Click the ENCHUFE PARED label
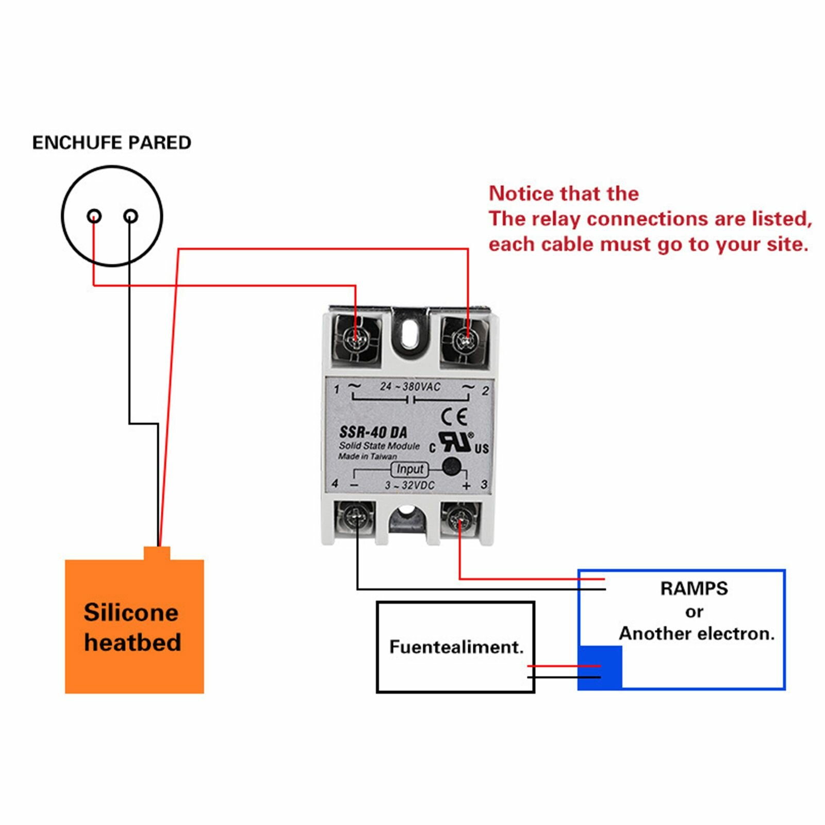(111, 143)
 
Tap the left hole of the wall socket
(94, 216)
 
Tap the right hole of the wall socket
(131, 216)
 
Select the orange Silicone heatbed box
(134, 626)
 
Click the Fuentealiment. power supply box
(456, 647)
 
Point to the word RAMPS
(694, 588)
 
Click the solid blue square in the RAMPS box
(600, 667)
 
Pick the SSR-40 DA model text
(373, 432)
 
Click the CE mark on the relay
(455, 416)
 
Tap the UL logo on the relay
(456, 442)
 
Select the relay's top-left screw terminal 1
(355, 338)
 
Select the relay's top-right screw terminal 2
(466, 339)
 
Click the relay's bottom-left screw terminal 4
(355, 516)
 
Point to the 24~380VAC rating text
(410, 387)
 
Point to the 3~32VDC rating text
(409, 485)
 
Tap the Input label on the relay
(410, 469)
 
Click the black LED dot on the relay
(452, 466)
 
